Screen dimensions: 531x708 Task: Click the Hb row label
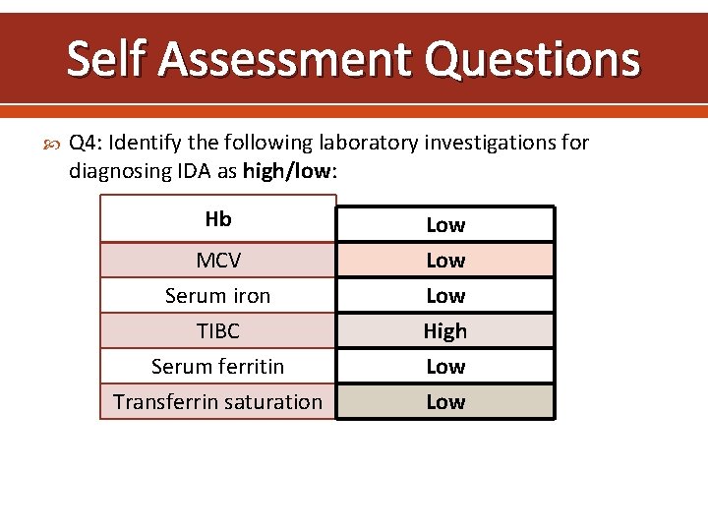218,218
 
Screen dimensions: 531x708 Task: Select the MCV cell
218,261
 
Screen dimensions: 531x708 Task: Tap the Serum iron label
218,296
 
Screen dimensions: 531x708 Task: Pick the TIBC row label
218,331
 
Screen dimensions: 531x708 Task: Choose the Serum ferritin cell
218,367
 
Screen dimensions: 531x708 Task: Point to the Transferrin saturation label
218,402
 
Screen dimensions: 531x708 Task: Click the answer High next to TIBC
445,331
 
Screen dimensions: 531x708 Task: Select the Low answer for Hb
445,225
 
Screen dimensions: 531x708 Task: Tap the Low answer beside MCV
445,261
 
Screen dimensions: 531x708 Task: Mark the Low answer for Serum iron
445,296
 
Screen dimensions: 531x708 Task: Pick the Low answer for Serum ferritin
445,367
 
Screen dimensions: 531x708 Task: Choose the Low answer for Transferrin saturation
445,402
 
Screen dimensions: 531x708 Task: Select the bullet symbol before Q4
53,144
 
